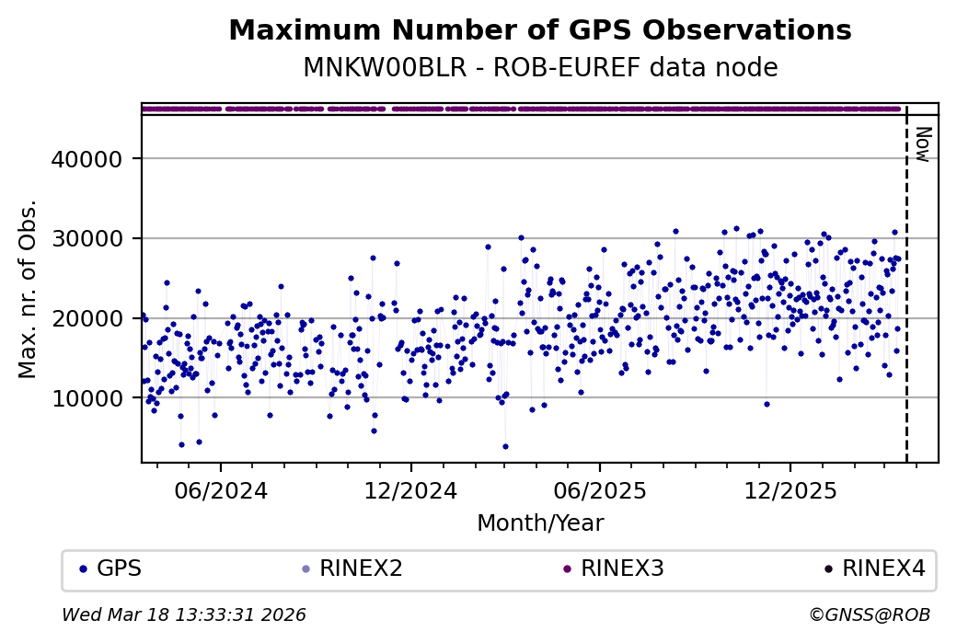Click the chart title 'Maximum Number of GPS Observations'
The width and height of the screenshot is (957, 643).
tap(539, 30)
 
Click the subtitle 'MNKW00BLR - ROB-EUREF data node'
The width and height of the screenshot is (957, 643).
tap(539, 68)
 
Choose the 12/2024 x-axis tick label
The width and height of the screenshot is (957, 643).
tap(410, 488)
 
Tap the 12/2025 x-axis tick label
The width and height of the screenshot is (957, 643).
tap(790, 488)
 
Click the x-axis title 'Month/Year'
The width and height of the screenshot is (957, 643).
tap(539, 524)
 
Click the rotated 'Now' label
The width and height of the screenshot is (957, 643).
tap(922, 144)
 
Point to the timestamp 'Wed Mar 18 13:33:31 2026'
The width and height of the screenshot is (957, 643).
tap(184, 614)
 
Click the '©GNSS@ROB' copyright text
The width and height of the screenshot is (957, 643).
tap(870, 614)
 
